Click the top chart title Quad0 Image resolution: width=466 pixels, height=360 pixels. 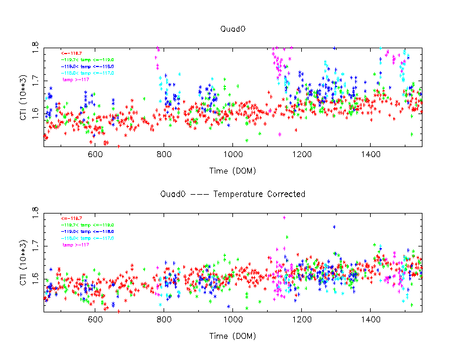click(232, 28)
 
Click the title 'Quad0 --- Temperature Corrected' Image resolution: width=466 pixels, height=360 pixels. click(232, 194)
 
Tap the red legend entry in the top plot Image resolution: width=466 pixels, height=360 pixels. click(69, 53)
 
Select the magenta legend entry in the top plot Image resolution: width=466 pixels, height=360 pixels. click(75, 79)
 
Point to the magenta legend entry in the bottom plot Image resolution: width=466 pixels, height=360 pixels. click(75, 244)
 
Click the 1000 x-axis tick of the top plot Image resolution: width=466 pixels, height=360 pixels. click(232, 155)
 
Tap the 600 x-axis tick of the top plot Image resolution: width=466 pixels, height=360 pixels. click(95, 155)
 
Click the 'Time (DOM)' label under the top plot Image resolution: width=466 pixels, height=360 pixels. click(232, 171)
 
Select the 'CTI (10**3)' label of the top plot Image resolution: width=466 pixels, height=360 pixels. click(22, 97)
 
